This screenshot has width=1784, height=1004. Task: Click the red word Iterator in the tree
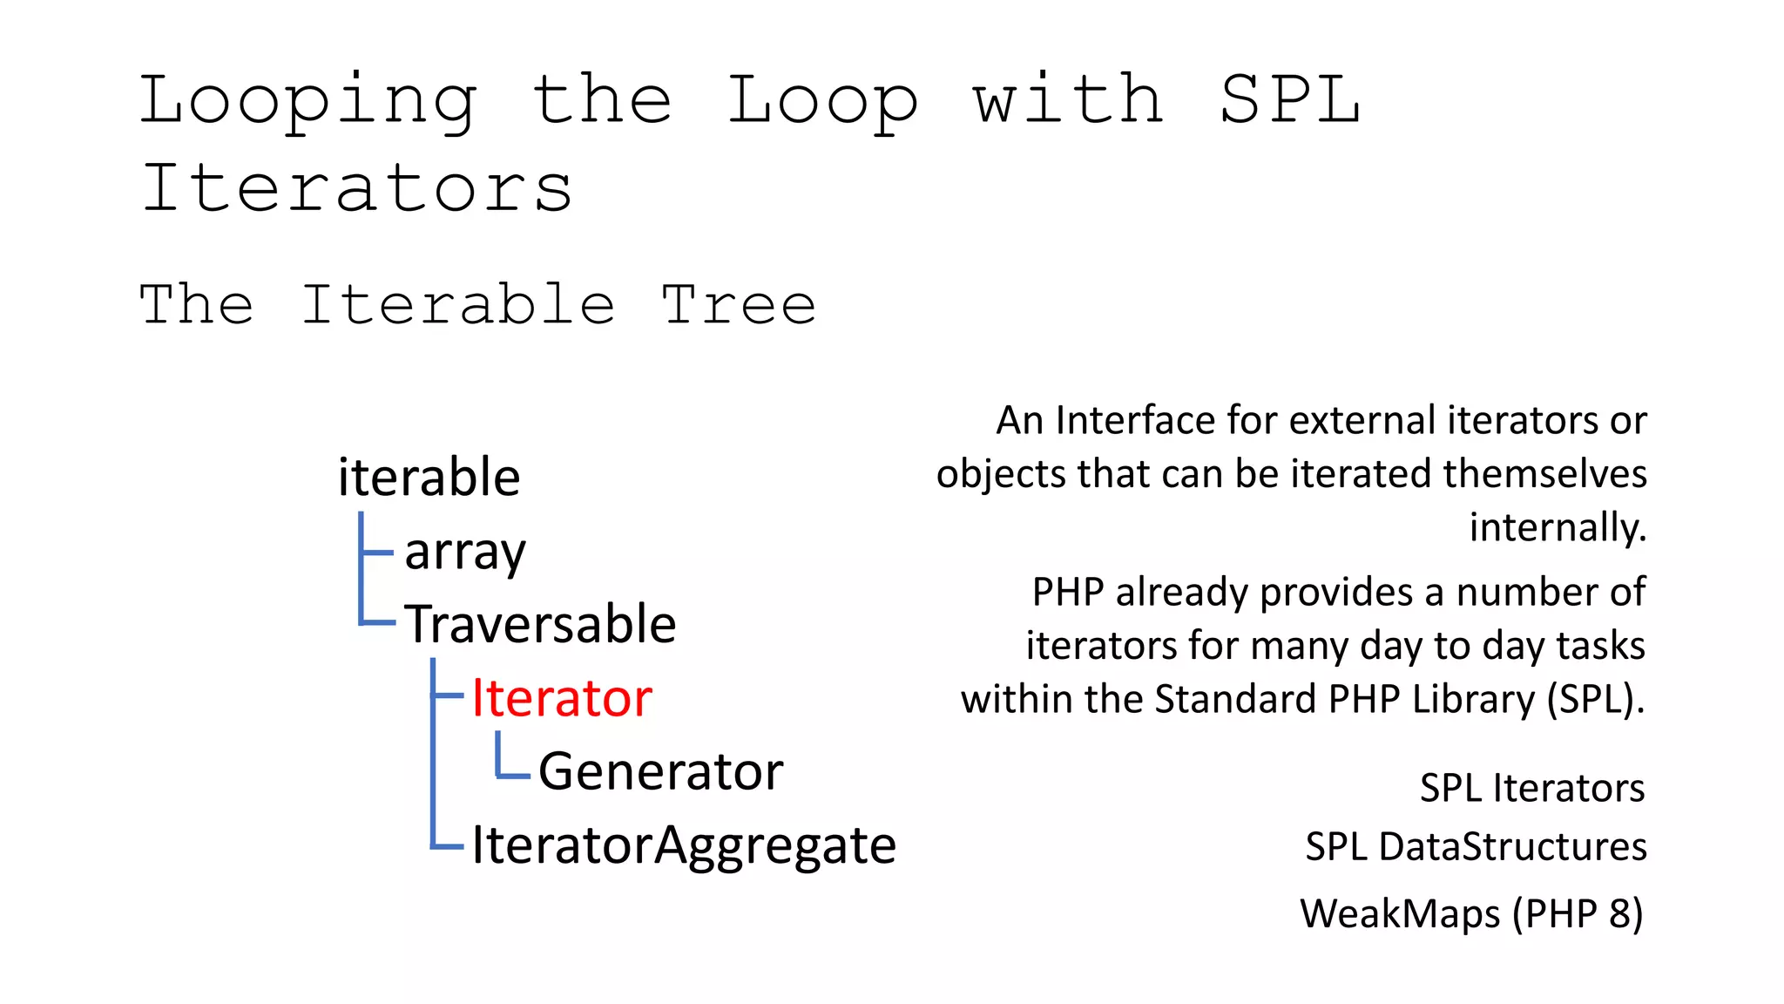coord(561,698)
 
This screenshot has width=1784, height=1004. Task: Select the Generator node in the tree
coord(660,771)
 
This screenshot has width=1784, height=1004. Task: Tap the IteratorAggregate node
coord(684,845)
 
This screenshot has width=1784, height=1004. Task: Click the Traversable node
coord(540,624)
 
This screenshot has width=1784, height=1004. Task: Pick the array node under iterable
coord(465,552)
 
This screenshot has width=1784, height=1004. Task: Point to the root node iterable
coord(429,478)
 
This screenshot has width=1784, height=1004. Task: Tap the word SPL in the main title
coord(1289,100)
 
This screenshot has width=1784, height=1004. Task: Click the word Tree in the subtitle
coord(739,305)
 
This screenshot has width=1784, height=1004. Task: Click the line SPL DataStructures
coord(1476,846)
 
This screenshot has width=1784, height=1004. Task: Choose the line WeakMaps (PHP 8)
coord(1471,913)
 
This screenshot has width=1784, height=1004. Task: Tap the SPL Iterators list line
coord(1531,788)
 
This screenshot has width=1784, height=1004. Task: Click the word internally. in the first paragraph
coord(1558,527)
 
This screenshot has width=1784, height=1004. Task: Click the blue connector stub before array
coord(376,552)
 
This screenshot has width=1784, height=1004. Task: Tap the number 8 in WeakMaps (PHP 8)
coord(1619,913)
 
